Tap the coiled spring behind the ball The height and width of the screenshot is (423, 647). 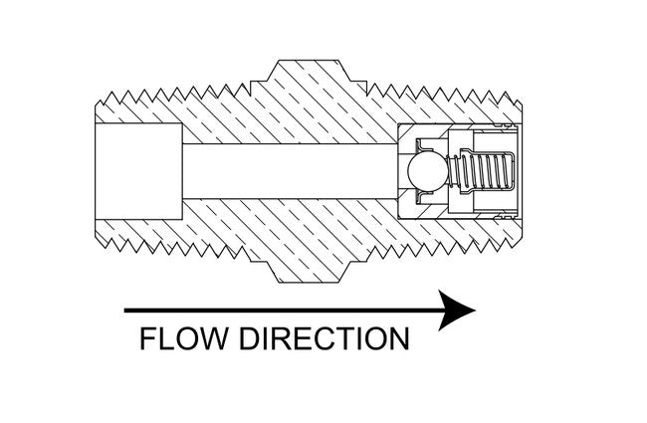click(482, 170)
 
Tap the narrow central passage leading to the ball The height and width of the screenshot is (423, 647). click(289, 172)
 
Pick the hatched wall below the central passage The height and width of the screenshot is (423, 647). click(299, 224)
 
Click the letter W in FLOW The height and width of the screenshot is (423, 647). click(215, 338)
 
